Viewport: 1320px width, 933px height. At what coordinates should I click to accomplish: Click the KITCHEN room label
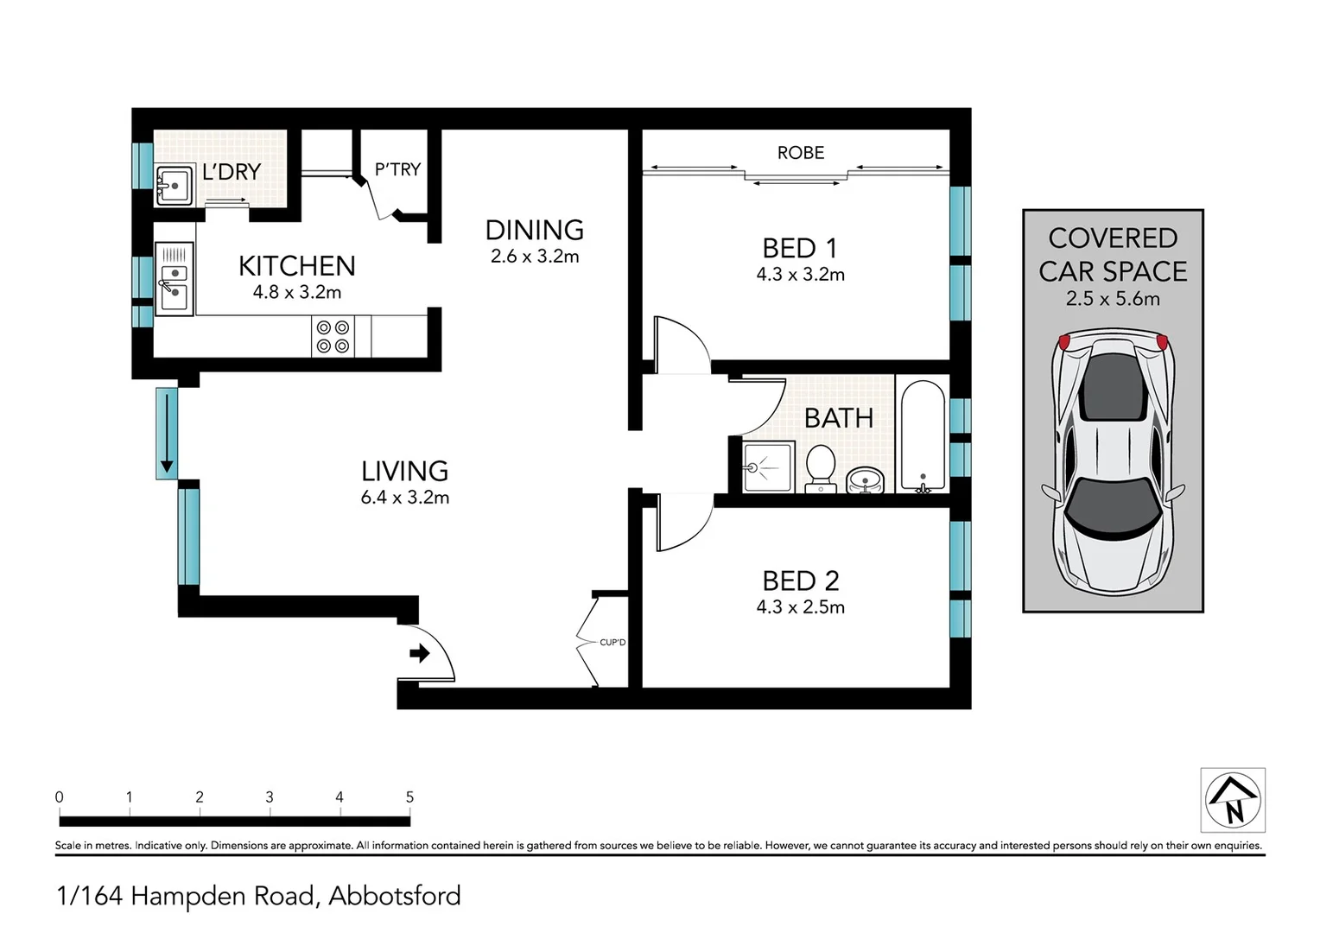pos(296,265)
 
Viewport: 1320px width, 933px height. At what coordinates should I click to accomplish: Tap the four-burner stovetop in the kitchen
pos(333,337)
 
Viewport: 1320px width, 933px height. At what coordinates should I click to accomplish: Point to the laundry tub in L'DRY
pos(175,185)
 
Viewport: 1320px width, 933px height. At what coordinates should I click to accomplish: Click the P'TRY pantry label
pos(397,169)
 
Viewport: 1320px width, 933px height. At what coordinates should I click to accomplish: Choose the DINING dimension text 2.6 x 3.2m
pos(534,257)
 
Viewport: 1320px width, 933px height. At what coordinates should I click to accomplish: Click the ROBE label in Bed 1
pos(800,153)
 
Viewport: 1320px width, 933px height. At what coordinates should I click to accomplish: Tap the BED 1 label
pos(799,249)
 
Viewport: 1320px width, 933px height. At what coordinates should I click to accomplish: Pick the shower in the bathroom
pos(768,467)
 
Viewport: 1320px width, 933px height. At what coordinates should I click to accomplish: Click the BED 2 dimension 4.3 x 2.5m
pos(800,607)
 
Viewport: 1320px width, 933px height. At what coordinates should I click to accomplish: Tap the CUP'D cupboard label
pos(612,643)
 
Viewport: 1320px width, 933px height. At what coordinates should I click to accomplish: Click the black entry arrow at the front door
pos(420,654)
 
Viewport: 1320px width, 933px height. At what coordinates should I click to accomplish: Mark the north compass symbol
pos(1233,801)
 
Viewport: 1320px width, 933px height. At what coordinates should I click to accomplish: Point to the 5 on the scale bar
pos(409,797)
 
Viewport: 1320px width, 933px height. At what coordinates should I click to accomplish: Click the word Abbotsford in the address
pos(395,896)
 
